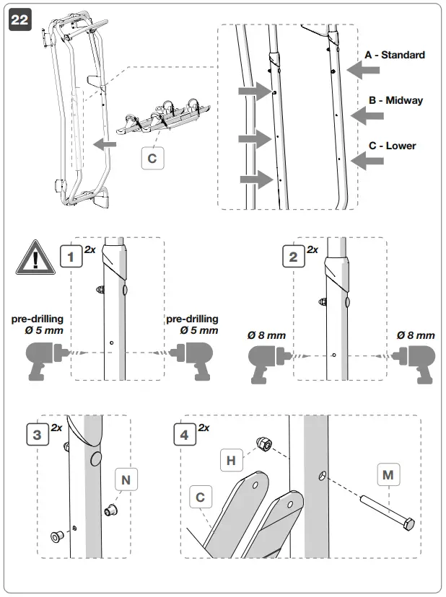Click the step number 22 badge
(19, 19)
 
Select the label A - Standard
(395, 55)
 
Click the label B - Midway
(395, 100)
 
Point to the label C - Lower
(392, 146)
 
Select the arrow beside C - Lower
(368, 162)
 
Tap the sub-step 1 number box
(70, 257)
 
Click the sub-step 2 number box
(293, 257)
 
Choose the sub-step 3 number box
(37, 435)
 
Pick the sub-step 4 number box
(185, 435)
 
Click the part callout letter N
(126, 479)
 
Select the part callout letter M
(388, 476)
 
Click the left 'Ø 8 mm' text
(266, 335)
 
